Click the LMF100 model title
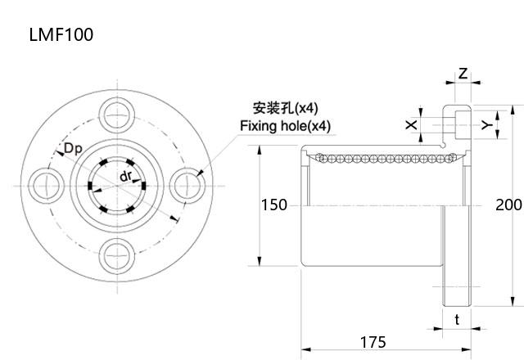61,34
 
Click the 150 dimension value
274,205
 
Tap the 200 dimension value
508,205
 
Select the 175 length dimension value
372,342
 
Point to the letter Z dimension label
463,74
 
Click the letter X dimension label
411,124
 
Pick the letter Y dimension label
486,124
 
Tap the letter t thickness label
457,320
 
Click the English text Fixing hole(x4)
285,126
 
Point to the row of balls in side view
382,156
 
